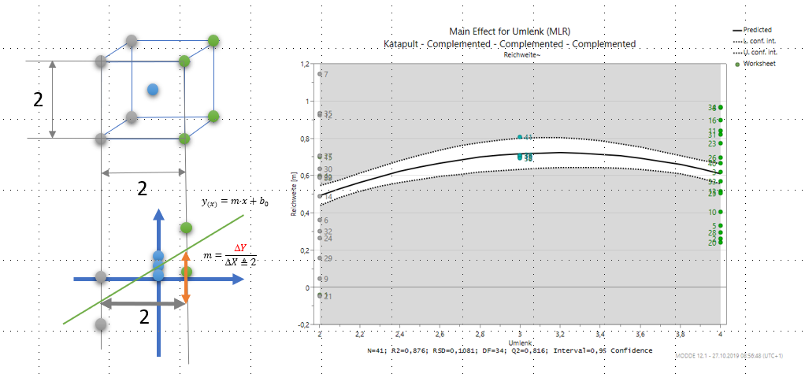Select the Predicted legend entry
coord(758,30)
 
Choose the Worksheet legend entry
coord(759,63)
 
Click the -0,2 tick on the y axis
coord(301,324)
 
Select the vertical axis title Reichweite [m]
coord(293,195)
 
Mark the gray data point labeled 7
coord(320,74)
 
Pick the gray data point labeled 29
coord(320,258)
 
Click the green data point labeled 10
coord(720,212)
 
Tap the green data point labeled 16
coord(720,120)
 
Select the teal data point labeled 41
coord(520,138)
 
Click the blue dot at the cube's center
coord(153,90)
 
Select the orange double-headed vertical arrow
coord(186,277)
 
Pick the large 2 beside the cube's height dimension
coord(38,99)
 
